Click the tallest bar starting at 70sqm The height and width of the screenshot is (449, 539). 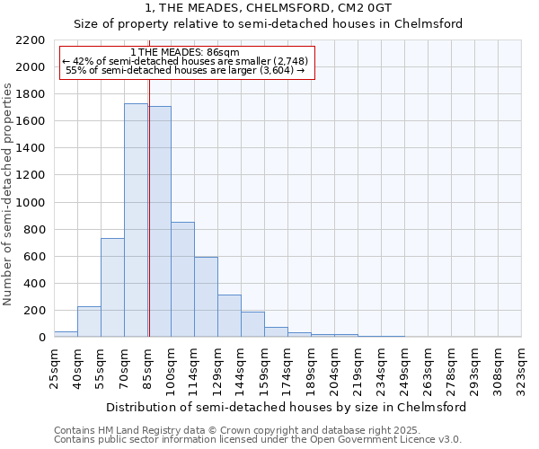tap(136, 220)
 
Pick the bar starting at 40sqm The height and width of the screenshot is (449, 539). tap(89, 321)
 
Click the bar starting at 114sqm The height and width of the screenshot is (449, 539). tap(206, 296)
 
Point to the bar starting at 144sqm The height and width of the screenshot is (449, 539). tap(252, 324)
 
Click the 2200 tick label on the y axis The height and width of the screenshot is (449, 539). tap(31, 40)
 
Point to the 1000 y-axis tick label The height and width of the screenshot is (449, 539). tap(31, 203)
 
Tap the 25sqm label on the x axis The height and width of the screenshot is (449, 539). tap(54, 365)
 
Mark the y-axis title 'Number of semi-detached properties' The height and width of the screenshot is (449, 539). tap(9, 194)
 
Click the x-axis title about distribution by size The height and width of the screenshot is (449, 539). tap(286, 407)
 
